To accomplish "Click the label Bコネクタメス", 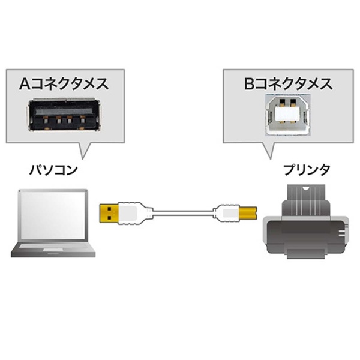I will point(287,83).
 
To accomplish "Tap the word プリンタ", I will point(307,170).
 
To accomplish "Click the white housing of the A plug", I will point(132,212).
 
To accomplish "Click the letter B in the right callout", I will point(248,83).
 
